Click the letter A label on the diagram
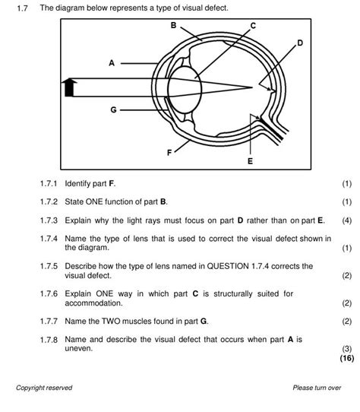pos(112,63)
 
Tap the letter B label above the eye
pos(173,25)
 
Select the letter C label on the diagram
pos(253,26)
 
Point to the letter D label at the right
pos(300,43)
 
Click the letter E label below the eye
pos(250,161)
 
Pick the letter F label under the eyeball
pos(169,152)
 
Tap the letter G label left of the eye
pos(113,109)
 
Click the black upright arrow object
pos(69,87)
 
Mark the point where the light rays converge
pos(252,87)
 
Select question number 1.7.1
pos(49,183)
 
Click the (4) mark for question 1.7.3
pos(346,220)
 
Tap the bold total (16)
pos(347,358)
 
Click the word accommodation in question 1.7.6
pos(93,303)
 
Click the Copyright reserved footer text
pos(44,388)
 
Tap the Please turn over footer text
pos(317,388)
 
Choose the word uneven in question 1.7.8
pos(79,349)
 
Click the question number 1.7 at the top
pos(22,8)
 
